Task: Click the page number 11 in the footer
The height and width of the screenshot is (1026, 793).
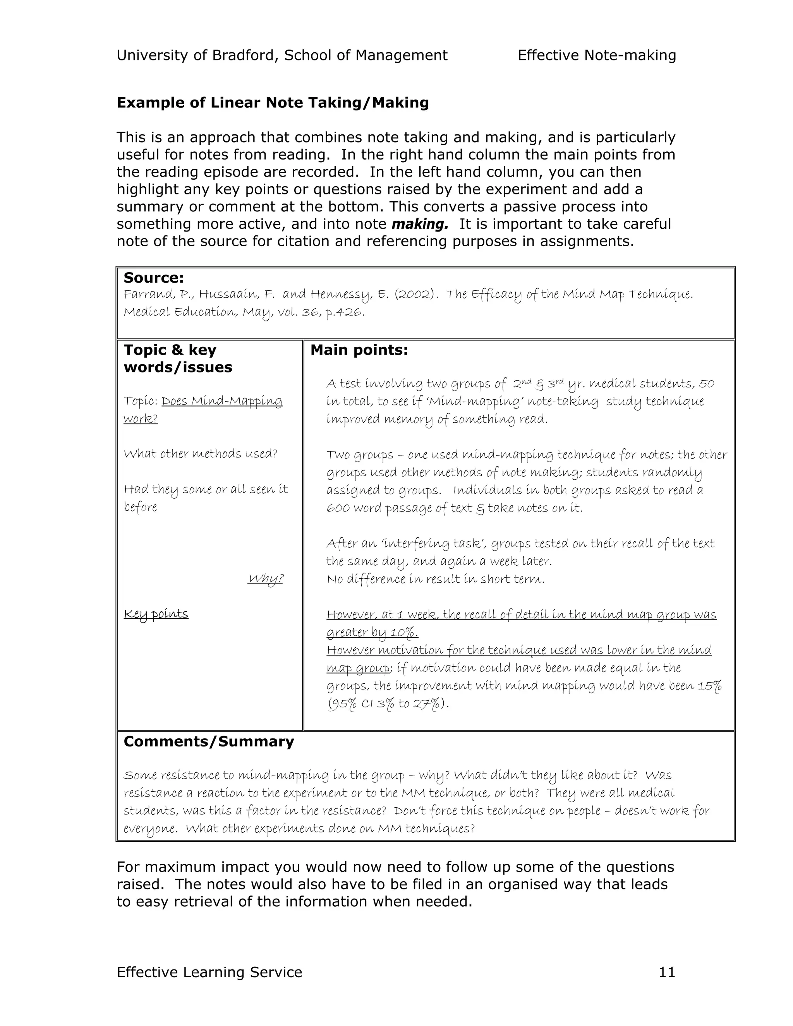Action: tap(667, 972)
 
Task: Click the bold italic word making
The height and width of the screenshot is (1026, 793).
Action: tap(419, 224)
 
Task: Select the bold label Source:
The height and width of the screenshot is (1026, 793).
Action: tap(154, 278)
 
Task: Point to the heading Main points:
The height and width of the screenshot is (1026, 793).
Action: tap(359, 350)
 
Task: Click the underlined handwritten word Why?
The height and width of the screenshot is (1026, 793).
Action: tap(265, 578)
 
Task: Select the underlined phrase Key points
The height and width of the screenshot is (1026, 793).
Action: tap(156, 614)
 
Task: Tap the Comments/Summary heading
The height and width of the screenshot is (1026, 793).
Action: tap(209, 741)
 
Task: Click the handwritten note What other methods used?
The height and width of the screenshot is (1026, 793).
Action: tap(201, 454)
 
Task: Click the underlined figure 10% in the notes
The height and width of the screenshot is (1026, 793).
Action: tap(403, 633)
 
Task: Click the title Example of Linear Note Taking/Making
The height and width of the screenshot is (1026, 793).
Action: tap(273, 103)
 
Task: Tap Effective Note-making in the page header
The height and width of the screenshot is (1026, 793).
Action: tap(597, 55)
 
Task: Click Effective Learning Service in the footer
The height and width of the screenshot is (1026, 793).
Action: tap(209, 972)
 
